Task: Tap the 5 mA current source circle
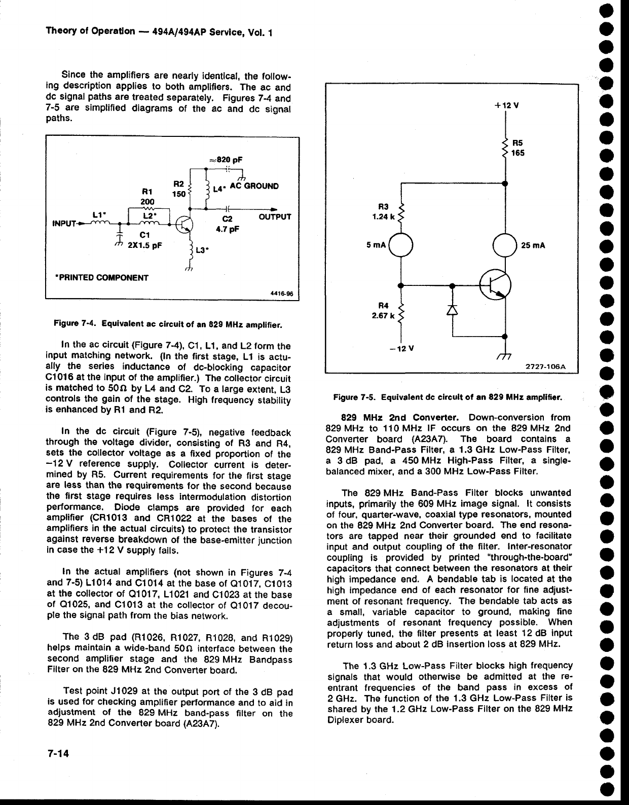click(x=402, y=244)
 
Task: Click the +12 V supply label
click(x=504, y=106)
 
